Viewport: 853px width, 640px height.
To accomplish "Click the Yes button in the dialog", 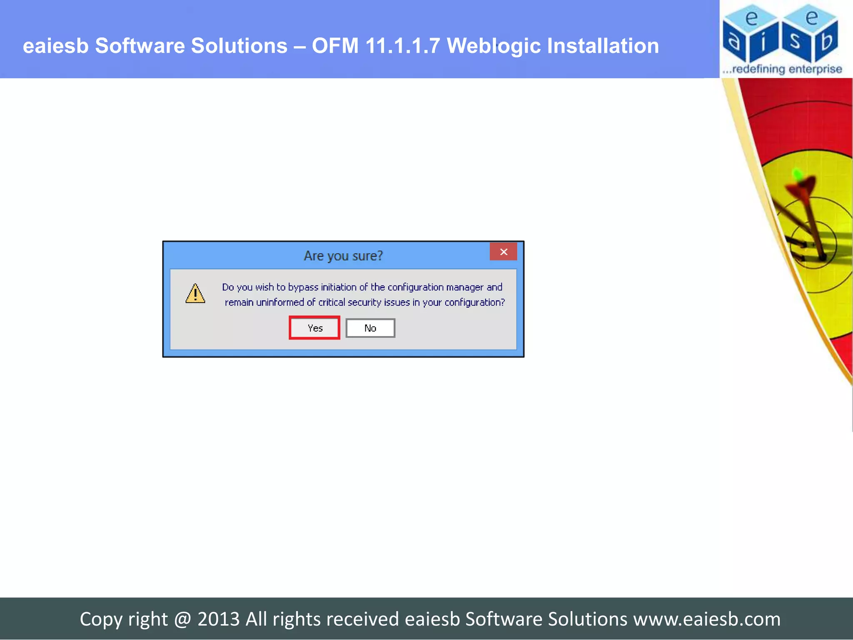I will coord(314,328).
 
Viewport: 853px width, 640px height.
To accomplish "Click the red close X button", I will coord(503,252).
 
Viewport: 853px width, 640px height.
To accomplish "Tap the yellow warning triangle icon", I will coord(195,293).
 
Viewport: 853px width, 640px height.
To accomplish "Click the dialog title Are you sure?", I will coord(343,255).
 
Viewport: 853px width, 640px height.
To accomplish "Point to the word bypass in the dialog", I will coord(303,287).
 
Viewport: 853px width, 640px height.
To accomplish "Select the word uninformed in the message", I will coord(280,302).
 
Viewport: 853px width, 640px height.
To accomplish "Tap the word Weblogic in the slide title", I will coord(493,45).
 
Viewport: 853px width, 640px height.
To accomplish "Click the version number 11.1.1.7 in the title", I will coord(402,45).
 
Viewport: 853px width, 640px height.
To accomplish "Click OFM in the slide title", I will coord(335,45).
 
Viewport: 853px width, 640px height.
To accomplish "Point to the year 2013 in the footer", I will coord(218,619).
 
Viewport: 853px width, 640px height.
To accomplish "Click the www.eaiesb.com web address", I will coord(707,619).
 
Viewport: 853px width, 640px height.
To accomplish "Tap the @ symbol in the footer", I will coord(182,619).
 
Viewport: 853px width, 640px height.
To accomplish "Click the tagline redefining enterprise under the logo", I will coord(786,69).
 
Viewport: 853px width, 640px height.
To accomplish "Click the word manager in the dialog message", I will coord(464,287).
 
